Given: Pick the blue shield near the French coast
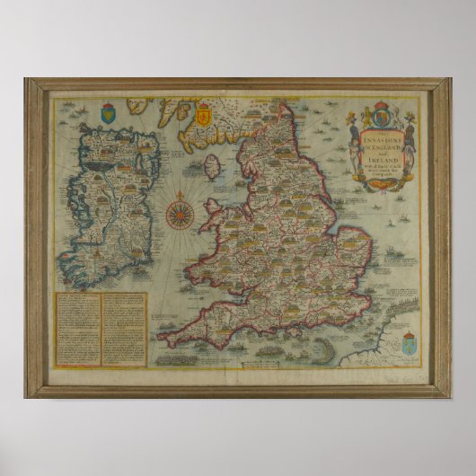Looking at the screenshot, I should (x=409, y=319).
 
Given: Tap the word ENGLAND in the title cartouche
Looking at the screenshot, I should (x=386, y=140).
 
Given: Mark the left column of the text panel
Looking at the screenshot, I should (x=78, y=328).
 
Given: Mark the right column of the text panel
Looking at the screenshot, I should (x=123, y=328).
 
